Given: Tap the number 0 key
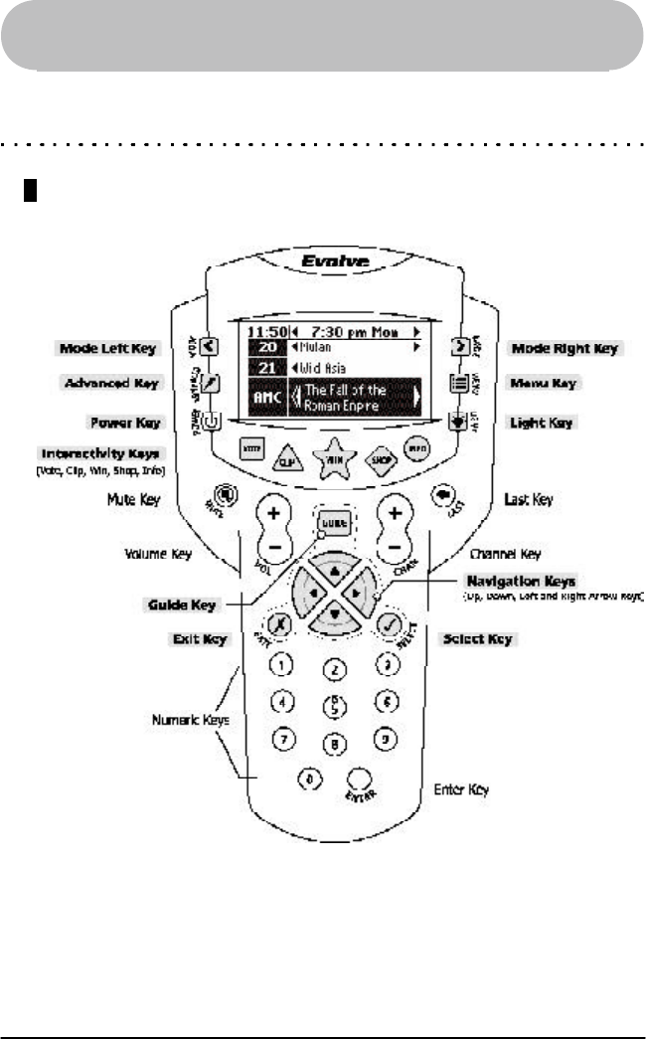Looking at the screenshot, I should coord(309,779).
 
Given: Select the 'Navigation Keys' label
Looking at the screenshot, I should coord(541,579).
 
